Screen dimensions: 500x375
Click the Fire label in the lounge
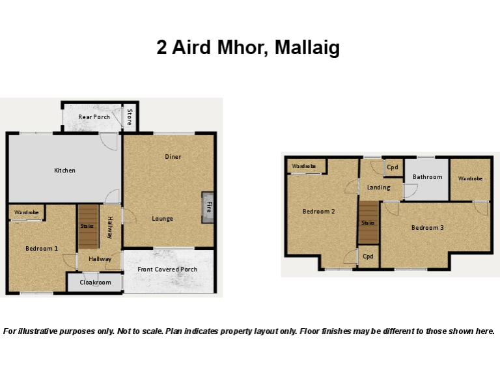[x=209, y=207]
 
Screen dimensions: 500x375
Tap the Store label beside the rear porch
[x=130, y=117]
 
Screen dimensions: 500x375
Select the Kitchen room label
[x=64, y=171]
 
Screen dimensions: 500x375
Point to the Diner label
[x=173, y=156]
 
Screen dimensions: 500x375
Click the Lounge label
[x=162, y=219]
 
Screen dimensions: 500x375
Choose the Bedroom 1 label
[x=42, y=249]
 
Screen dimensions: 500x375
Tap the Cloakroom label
[x=95, y=283]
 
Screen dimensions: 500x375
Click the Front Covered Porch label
[x=167, y=270]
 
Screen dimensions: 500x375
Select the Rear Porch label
[x=94, y=117]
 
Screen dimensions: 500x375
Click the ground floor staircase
[x=89, y=227]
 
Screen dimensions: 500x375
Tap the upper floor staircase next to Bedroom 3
[x=369, y=223]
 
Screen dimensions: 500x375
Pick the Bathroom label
[x=428, y=177]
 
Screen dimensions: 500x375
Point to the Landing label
[x=378, y=187]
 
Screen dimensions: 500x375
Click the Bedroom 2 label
[x=318, y=212]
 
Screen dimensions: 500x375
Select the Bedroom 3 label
[x=428, y=228]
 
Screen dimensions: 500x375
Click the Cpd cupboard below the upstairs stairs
[x=368, y=257]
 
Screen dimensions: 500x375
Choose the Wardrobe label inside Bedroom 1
[x=27, y=212]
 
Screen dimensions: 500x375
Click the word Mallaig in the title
[x=307, y=48]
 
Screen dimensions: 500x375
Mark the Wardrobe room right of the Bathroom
[x=470, y=180]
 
